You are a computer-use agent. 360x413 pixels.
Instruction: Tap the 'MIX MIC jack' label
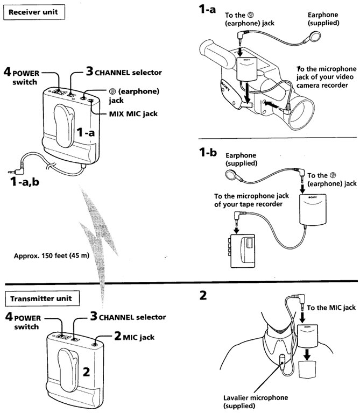pyautogui.click(x=125, y=113)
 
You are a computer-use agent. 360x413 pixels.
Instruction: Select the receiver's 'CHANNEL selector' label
pyautogui.click(x=131, y=71)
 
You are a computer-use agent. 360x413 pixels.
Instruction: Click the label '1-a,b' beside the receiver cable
pyautogui.click(x=25, y=183)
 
